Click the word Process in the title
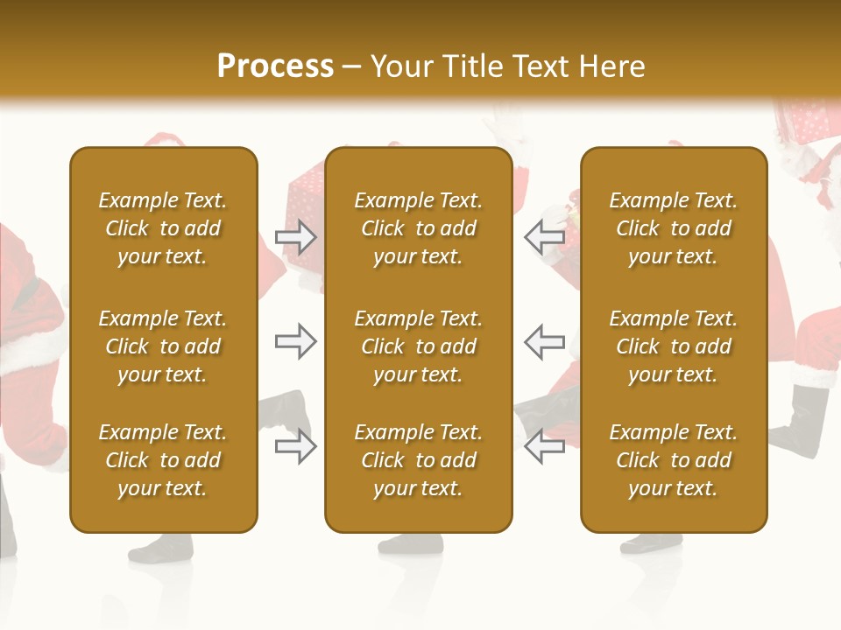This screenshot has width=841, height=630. tap(275, 66)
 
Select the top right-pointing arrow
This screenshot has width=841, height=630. tap(295, 235)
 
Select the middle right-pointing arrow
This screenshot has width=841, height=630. tap(295, 341)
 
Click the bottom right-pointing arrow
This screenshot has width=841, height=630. tap(295, 446)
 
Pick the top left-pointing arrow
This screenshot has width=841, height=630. tap(545, 235)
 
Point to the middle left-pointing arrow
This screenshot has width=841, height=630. tap(545, 341)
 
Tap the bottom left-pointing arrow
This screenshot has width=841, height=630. tap(545, 446)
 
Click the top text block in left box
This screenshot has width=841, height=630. tap(163, 228)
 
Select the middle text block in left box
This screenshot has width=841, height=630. tap(163, 346)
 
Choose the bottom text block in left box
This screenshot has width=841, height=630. tap(163, 460)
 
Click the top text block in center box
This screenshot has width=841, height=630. tap(418, 228)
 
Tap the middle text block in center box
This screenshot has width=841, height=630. tap(418, 346)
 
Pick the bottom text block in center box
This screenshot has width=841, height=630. tap(418, 460)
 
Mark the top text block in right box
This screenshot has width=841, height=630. tap(674, 228)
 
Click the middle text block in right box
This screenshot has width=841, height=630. tap(674, 346)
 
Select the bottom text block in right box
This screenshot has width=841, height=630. tap(674, 460)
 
